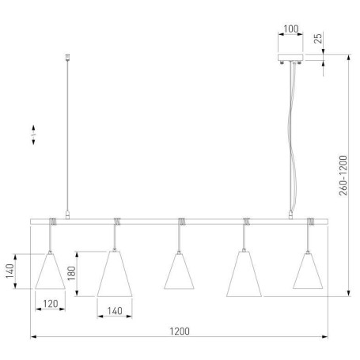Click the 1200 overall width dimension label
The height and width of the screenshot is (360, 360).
pyautogui.click(x=180, y=332)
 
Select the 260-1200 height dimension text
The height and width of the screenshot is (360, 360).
pyautogui.click(x=343, y=176)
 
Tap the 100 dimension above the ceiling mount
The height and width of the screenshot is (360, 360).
pyautogui.click(x=291, y=29)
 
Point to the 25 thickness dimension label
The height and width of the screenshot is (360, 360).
pyautogui.click(x=318, y=39)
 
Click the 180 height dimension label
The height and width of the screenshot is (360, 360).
pyautogui.click(x=72, y=273)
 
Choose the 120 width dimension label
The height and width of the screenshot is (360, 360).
pyautogui.click(x=51, y=304)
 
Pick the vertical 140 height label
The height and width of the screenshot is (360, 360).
pyautogui.click(x=10, y=271)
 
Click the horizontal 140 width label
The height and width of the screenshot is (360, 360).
pyautogui.click(x=115, y=311)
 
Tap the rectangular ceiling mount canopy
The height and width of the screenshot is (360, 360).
pyautogui.click(x=290, y=57)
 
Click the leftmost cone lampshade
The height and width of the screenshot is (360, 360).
pyautogui.click(x=50, y=271)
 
